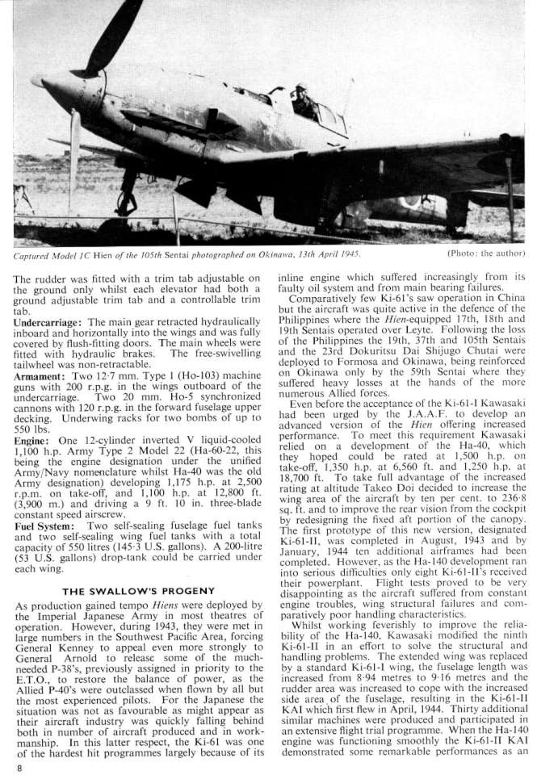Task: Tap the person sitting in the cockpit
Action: [304, 101]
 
